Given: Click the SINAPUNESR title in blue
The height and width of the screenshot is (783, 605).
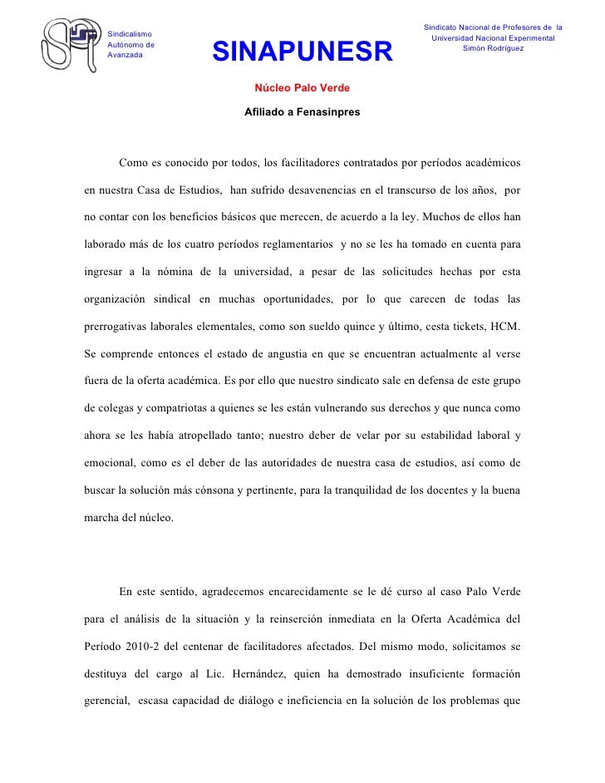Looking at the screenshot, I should click(302, 54).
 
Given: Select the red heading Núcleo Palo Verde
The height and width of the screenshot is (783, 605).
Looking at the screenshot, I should click(302, 87).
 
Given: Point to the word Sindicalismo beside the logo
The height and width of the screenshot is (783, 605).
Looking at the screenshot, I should click(130, 32).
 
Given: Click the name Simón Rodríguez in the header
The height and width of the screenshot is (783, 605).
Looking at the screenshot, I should click(494, 49).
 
